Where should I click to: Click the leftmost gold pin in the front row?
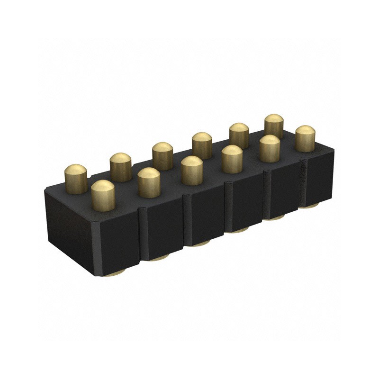point(103,195)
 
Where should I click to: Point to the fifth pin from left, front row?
point(269,148)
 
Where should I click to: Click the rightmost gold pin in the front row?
point(305,138)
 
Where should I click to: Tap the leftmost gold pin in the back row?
point(76,178)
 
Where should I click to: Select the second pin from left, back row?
point(120,166)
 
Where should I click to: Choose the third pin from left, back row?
point(162,155)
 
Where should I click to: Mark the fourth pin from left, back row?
point(202,145)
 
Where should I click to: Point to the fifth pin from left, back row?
point(239,135)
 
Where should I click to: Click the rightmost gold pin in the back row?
point(274,126)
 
